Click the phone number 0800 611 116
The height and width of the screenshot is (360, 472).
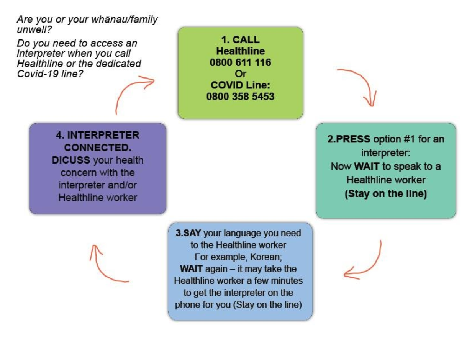240,62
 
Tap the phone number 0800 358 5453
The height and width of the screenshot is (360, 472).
240,96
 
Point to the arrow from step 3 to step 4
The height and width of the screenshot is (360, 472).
105,266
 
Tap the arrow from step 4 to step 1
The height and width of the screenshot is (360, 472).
132,90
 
